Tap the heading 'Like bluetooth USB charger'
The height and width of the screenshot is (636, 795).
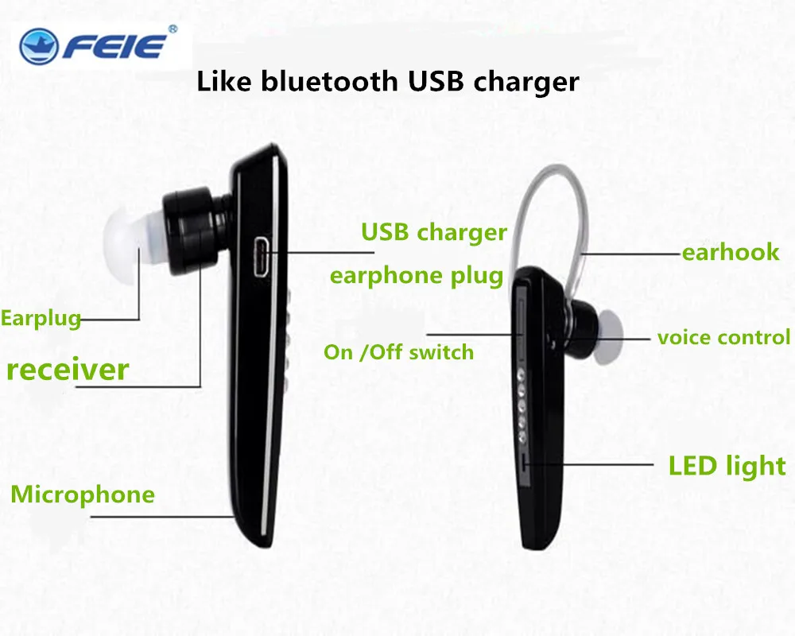tap(388, 80)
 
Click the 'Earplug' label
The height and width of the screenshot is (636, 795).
tap(41, 319)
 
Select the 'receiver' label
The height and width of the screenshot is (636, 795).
tap(68, 369)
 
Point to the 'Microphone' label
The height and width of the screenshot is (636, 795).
tap(83, 494)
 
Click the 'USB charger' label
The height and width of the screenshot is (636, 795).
tap(434, 232)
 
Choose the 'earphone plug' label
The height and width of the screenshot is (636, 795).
tap(417, 275)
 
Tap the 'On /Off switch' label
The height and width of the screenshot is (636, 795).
tap(398, 351)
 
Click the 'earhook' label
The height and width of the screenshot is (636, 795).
tap(731, 253)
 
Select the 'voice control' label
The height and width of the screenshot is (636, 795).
tap(723, 337)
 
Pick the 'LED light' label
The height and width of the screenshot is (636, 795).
tap(727, 466)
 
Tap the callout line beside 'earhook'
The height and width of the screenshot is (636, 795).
tap(632, 254)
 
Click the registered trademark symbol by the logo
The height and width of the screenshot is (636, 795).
tap(173, 29)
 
